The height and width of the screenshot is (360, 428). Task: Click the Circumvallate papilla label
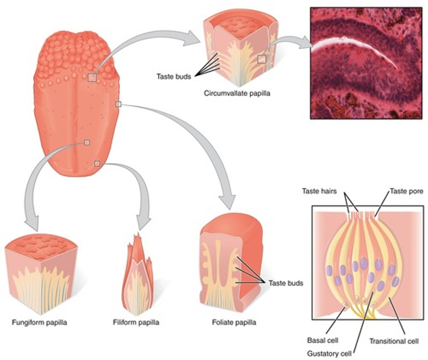click(237, 93)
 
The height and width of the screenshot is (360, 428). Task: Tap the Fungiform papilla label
click(39, 323)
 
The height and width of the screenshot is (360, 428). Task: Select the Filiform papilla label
click(136, 323)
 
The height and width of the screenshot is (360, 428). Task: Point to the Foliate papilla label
click(234, 323)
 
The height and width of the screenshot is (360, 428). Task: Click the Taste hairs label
click(319, 191)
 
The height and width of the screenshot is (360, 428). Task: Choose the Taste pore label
click(406, 191)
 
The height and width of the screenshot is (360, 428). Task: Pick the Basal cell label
click(323, 340)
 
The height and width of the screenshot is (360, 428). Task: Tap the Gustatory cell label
click(329, 354)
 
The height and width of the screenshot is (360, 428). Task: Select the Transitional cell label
click(394, 341)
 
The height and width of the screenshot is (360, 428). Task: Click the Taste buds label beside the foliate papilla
click(286, 283)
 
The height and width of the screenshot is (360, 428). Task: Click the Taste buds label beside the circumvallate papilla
click(174, 76)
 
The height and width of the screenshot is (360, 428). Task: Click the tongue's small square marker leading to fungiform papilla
click(87, 142)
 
